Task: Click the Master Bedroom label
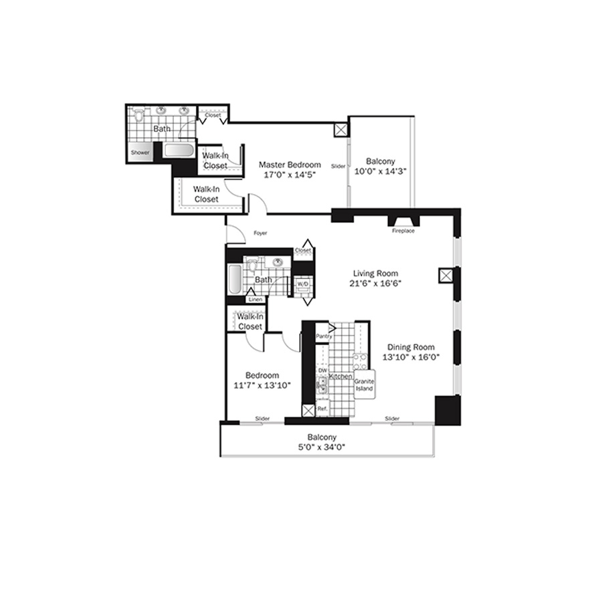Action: (290, 165)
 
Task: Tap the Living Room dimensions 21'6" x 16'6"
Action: (375, 284)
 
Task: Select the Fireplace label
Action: (403, 231)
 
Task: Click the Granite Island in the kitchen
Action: (365, 385)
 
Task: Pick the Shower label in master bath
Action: (140, 153)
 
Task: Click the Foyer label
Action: (260, 233)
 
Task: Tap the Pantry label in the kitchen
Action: (324, 336)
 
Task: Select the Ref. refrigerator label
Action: (322, 409)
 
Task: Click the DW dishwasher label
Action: (323, 371)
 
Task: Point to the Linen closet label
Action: (256, 300)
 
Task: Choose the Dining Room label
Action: (411, 347)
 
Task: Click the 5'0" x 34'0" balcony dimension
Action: (322, 447)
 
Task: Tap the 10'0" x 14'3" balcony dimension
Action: (380, 171)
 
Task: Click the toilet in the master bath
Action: (138, 114)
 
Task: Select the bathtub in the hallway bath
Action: (235, 279)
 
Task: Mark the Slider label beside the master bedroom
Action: (338, 167)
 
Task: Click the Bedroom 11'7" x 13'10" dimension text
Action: (262, 385)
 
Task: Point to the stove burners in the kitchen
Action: (360, 361)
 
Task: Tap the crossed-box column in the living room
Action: (445, 276)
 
